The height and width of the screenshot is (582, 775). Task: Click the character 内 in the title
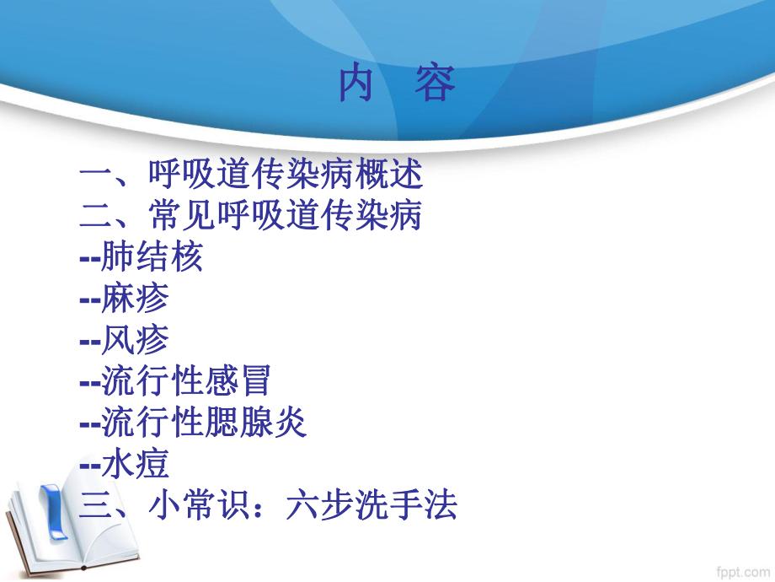[x=355, y=85]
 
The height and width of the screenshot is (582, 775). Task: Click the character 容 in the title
[x=435, y=85]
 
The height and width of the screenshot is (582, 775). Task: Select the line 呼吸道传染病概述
[x=285, y=175]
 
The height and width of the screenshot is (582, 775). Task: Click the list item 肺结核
[x=152, y=257]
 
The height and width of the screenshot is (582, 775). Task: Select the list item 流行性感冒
[x=185, y=381]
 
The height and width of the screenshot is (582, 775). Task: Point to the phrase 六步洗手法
[x=371, y=505]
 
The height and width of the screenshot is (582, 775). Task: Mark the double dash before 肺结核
[x=89, y=258]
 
